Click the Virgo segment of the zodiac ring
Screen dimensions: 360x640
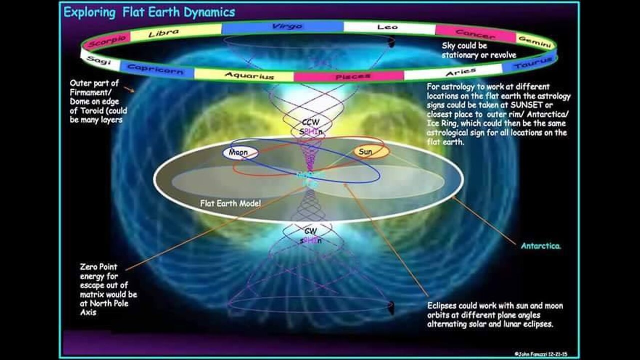coord(286,26)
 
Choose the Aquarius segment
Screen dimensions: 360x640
coord(249,76)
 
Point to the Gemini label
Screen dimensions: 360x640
coord(534,40)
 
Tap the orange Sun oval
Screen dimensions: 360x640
coord(365,151)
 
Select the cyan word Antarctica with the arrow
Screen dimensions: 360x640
coord(540,246)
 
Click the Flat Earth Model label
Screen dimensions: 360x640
coord(230,203)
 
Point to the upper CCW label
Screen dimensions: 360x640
coord(308,122)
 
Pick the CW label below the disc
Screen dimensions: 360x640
coord(310,231)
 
